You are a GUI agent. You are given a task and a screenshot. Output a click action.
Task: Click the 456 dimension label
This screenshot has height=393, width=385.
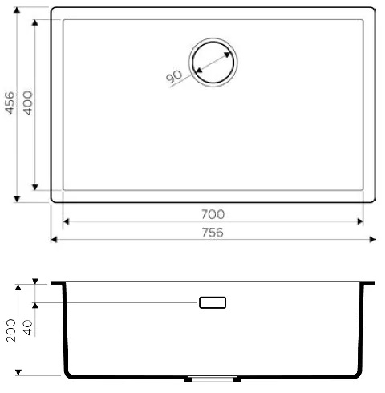pos(10,103)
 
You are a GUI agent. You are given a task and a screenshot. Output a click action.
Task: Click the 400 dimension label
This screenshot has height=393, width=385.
pos(27,103)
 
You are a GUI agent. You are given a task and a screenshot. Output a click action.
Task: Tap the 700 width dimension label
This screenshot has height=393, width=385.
pos(213,214)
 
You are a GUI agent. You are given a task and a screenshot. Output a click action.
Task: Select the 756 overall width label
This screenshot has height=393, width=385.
pos(213,233)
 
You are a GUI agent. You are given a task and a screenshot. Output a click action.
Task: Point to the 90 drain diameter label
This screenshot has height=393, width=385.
pos(174,77)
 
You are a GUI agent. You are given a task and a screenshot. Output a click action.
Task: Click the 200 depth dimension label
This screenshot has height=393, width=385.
pos(11,330)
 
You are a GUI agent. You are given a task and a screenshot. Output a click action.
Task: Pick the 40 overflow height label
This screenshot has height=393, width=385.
pos(27,328)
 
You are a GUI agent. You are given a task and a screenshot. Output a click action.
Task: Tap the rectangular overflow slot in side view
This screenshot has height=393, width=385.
pos(213,302)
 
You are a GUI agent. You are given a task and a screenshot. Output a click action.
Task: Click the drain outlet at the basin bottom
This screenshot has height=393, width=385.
pos(213,379)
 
